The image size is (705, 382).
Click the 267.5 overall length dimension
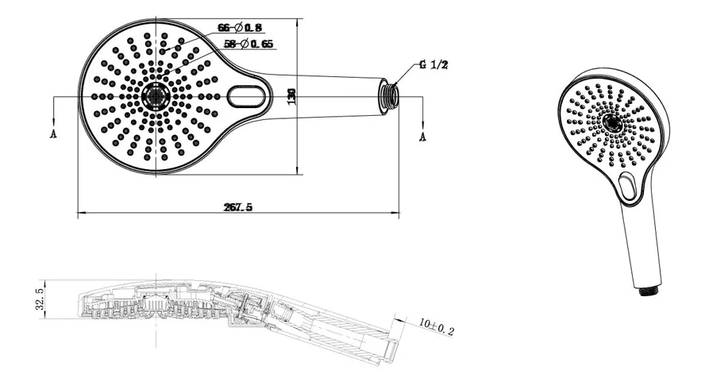(x=238, y=207)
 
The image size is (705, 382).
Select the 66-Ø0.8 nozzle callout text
(x=240, y=28)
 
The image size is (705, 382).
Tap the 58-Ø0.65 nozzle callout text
(x=248, y=44)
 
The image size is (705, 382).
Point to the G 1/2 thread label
(x=433, y=65)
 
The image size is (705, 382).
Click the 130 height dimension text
(x=291, y=96)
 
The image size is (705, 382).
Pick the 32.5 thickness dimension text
(x=40, y=299)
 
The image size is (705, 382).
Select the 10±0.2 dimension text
(x=437, y=327)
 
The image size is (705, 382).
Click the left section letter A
(x=53, y=133)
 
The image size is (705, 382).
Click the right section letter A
(x=422, y=137)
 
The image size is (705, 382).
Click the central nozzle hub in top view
(x=156, y=96)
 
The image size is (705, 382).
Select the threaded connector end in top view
(x=387, y=95)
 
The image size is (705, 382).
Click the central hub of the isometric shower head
(x=612, y=122)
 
